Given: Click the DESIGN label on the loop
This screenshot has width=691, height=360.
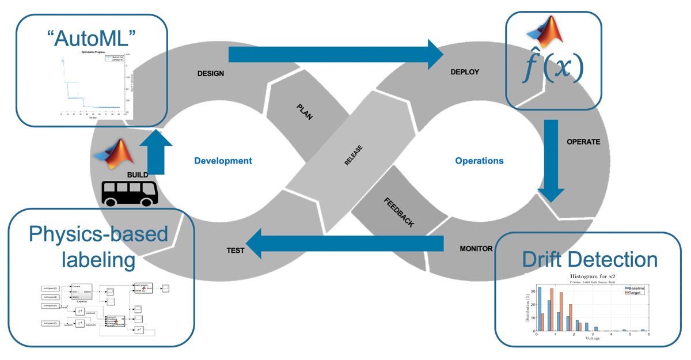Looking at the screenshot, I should point(210,74).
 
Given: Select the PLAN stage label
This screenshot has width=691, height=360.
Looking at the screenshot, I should point(305,112).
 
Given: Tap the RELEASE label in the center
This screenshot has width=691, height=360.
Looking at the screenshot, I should point(353,154).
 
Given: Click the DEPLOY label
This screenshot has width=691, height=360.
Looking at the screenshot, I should point(464,72).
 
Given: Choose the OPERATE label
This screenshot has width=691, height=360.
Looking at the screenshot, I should point(583,142).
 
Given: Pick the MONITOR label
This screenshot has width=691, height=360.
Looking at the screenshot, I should point(476,249).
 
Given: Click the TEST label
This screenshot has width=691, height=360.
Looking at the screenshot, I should point(235,251).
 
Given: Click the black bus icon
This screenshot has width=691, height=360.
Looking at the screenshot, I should point(130,192).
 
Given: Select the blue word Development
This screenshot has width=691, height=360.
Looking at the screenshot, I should point(223,161).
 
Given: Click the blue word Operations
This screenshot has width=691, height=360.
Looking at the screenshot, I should point(479,161).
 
